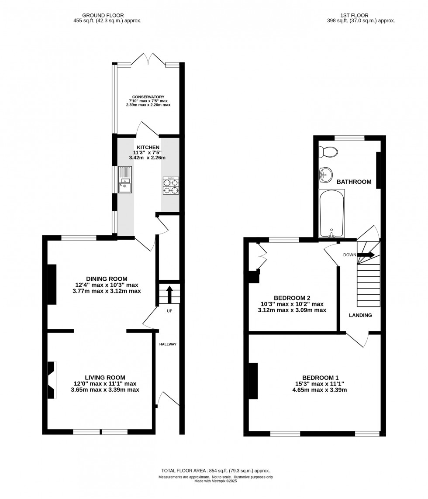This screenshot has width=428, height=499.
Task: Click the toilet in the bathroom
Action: click(328, 152)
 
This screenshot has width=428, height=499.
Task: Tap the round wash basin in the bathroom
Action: click(326, 175)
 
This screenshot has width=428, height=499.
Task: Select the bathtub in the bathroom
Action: click(331, 213)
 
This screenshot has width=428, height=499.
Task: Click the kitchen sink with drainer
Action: click(125, 180)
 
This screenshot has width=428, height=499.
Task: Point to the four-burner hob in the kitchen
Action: click(171, 186)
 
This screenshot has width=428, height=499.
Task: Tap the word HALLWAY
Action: click(168, 344)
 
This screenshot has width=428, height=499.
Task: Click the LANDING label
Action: click(360, 315)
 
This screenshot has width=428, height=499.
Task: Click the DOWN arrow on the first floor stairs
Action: click(366, 255)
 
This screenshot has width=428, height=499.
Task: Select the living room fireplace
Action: click(52, 380)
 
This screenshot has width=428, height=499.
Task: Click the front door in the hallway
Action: click(168, 399)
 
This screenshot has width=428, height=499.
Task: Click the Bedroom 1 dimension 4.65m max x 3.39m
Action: click(320, 390)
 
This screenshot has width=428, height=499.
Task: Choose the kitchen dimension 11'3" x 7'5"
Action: click(148, 153)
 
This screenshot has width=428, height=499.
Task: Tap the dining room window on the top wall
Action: click(79, 238)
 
